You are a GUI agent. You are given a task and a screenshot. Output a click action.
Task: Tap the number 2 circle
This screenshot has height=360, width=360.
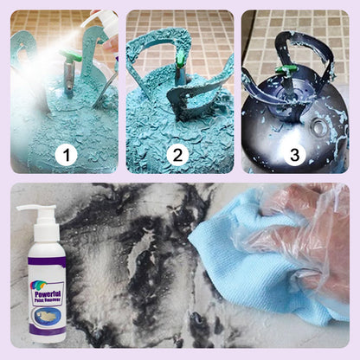tap(177, 156)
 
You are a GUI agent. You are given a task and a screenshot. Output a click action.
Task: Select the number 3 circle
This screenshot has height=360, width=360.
tap(294, 156)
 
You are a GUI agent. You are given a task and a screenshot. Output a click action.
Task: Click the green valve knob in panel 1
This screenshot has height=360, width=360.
tap(68, 55)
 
